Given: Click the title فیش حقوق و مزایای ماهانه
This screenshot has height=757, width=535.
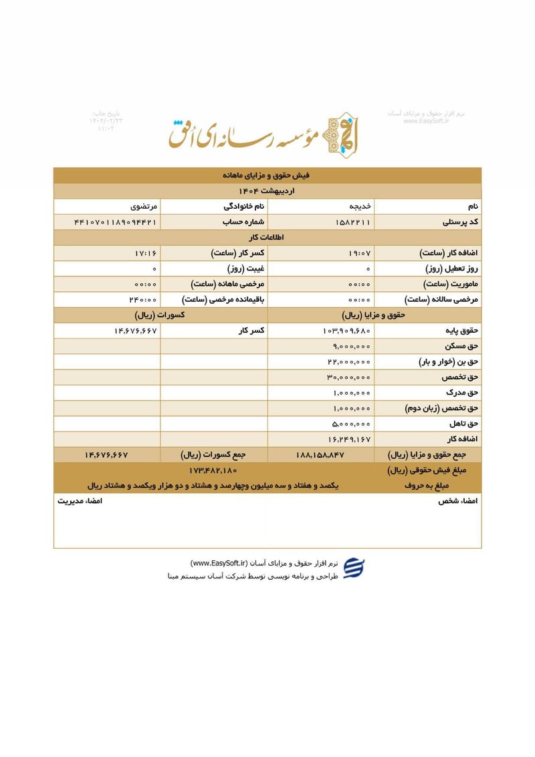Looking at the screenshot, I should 267,175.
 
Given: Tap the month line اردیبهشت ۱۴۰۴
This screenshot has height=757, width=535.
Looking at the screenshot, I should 267,191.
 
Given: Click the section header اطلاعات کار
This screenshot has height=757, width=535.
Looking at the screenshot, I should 267,237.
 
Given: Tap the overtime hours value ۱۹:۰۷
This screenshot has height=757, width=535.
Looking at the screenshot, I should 359,253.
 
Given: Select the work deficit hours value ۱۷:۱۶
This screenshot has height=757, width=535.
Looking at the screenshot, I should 145,253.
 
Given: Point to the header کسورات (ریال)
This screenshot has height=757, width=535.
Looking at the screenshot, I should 160,315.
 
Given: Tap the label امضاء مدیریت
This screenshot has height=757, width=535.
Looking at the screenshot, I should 79,501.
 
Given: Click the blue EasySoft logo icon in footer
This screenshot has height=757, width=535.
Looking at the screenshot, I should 354,568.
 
